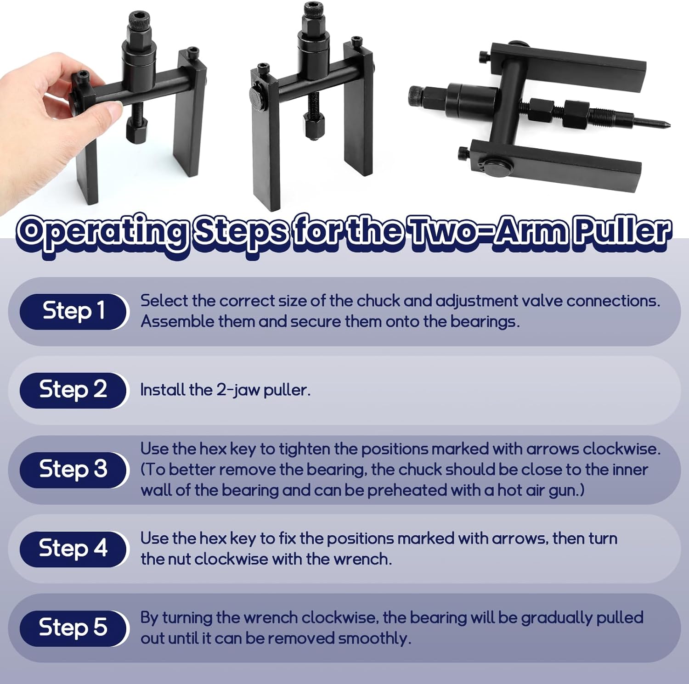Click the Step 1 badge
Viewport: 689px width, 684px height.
73,311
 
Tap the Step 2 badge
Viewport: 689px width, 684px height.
73,390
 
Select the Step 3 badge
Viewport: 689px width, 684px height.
73,470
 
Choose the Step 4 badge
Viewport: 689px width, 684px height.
73,549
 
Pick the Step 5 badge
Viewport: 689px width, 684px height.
73,628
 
